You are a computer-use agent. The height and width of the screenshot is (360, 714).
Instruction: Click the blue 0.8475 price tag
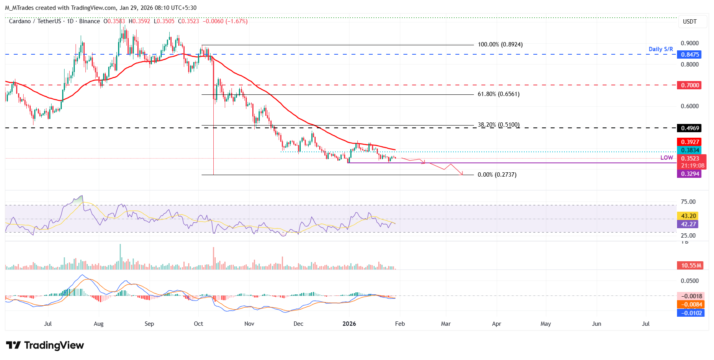click(x=690, y=55)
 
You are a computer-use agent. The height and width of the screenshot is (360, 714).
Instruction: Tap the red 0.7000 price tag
click(x=690, y=85)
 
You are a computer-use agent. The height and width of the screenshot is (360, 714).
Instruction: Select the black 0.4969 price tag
click(x=690, y=128)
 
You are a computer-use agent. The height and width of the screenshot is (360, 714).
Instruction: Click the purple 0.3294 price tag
click(x=690, y=174)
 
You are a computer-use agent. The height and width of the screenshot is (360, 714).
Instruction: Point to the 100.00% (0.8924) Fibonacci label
click(x=500, y=44)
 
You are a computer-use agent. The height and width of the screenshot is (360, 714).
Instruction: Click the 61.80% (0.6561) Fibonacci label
click(x=498, y=94)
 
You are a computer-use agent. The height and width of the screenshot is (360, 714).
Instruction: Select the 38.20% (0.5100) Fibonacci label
click(x=498, y=125)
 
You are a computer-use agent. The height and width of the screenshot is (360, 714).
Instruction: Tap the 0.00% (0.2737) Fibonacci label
click(x=497, y=175)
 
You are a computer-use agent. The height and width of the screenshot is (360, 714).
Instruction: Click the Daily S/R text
click(x=660, y=49)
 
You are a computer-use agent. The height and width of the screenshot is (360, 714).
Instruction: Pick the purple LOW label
click(x=666, y=158)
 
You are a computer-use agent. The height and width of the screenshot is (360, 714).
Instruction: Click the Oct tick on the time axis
click(x=198, y=324)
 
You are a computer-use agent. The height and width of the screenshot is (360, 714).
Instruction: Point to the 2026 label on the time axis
click(x=349, y=324)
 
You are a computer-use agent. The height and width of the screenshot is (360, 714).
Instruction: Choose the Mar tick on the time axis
click(x=446, y=324)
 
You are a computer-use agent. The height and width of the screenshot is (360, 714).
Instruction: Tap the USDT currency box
click(x=689, y=22)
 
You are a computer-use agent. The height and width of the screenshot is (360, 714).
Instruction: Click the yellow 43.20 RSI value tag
click(x=688, y=216)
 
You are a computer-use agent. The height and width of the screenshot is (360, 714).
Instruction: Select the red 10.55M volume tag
click(x=691, y=266)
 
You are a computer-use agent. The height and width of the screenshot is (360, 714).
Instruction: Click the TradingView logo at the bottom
click(x=45, y=345)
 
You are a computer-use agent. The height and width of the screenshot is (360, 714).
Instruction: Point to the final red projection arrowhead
click(x=462, y=174)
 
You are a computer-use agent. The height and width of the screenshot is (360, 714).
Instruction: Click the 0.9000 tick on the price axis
click(x=690, y=43)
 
